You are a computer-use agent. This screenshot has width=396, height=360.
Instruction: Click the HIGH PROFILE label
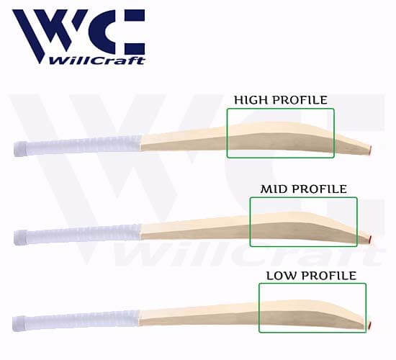coord(281,100)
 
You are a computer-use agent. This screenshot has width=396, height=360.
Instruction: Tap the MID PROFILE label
coord(304,189)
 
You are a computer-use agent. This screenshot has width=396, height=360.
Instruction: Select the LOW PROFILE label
coord(311,276)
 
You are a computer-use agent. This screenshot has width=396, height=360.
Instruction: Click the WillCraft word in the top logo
coord(96,60)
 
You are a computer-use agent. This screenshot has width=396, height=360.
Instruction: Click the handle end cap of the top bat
coord(20,149)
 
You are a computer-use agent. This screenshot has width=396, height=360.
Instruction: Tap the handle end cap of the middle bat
coord(20,237)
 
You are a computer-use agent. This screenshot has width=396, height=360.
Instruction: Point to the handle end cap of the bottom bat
coord(19,323)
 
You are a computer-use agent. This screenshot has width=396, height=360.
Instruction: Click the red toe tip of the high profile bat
coord(370,150)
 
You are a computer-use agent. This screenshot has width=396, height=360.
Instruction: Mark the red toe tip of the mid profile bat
coord(370,239)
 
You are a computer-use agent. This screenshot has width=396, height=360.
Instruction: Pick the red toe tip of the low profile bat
coord(370,325)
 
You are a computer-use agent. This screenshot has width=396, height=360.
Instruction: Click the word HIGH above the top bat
coord(251,100)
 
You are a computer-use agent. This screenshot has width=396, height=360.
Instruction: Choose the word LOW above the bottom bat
coord(283,276)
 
